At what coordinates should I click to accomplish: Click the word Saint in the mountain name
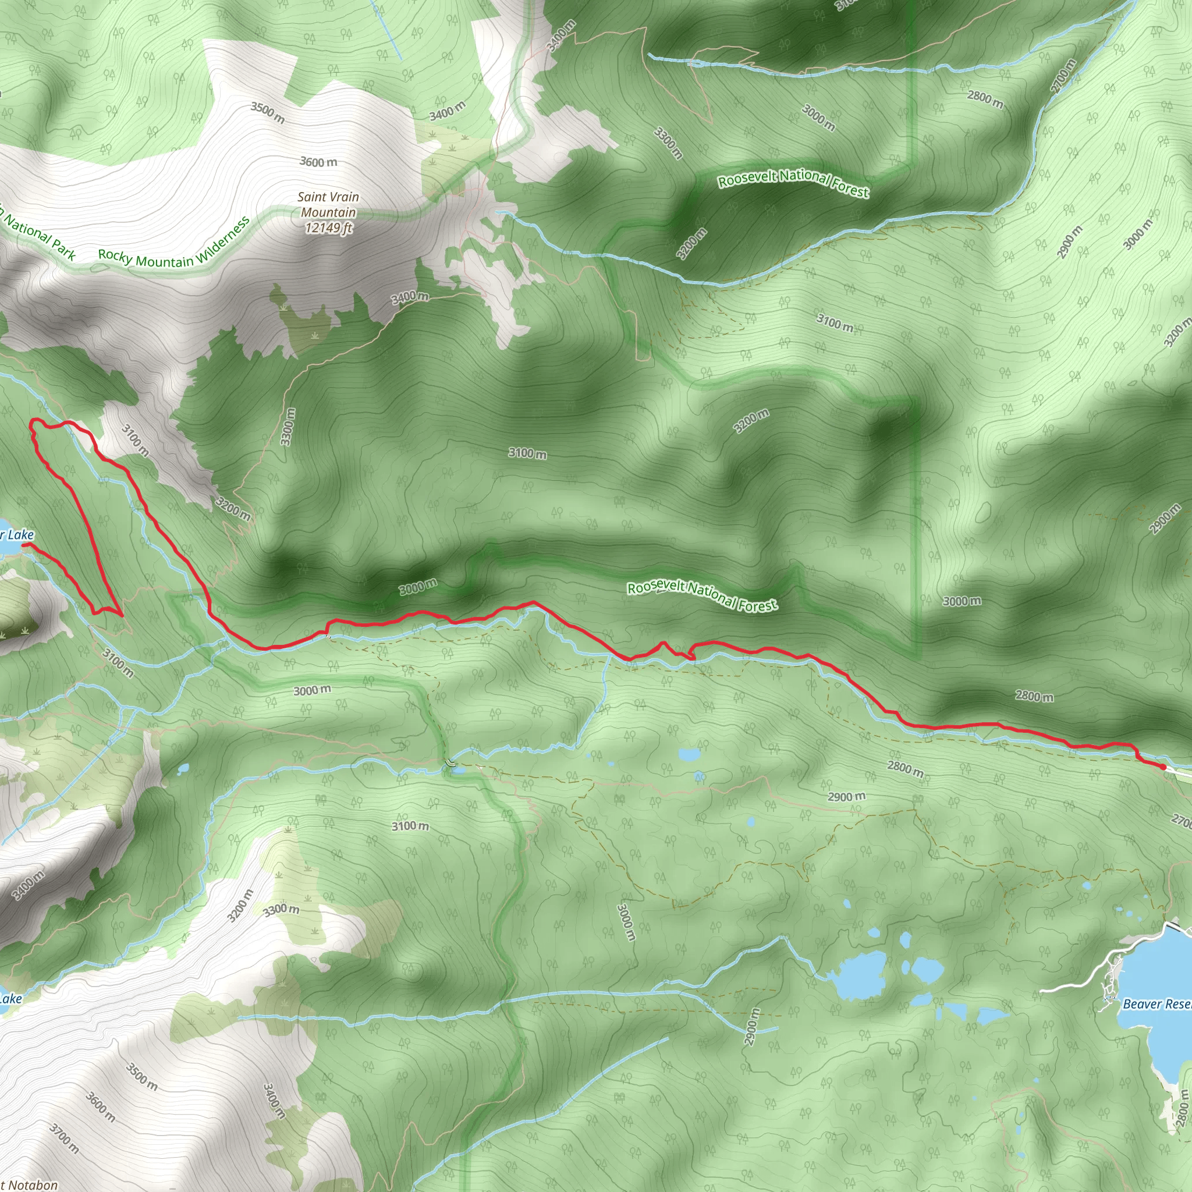pos(311,197)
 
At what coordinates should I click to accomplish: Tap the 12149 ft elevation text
pos(329,228)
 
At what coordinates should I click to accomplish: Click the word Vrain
pos(345,197)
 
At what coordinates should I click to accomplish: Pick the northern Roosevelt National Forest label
pos(793,183)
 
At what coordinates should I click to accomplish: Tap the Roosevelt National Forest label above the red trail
pos(702,595)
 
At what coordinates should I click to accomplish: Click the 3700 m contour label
pos(65,1122)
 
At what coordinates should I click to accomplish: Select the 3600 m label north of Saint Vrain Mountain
pos(318,162)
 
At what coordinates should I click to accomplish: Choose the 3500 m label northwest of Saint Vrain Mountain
pos(268,112)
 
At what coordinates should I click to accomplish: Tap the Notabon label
pos(32,1184)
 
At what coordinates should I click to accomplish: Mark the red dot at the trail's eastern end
pos(1162,767)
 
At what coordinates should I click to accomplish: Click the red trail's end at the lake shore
pos(23,545)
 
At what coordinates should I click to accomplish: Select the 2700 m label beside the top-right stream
pos(1064,75)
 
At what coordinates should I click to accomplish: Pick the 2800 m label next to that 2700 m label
pos(985,99)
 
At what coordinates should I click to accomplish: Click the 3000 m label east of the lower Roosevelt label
pos(962,601)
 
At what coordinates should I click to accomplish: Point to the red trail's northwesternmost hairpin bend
pos(34,422)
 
